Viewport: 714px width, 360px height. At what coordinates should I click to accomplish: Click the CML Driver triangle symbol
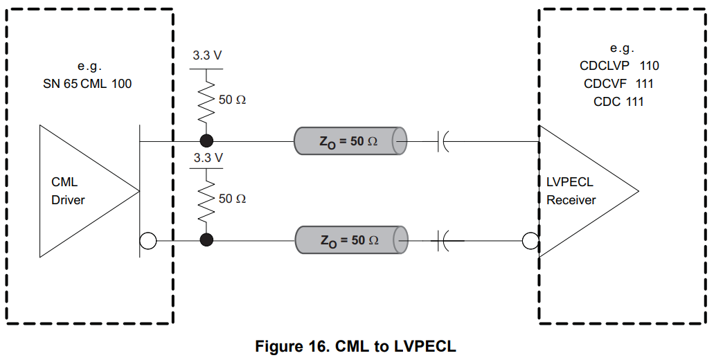(x=83, y=191)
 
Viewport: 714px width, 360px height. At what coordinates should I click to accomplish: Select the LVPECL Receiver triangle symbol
(x=582, y=191)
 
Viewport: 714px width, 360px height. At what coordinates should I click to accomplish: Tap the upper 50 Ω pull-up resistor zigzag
(x=206, y=101)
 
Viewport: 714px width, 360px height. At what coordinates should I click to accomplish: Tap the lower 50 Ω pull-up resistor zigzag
(x=206, y=199)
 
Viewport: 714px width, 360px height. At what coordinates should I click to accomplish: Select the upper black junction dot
(x=206, y=141)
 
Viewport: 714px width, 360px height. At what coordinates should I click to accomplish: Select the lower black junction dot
(x=206, y=240)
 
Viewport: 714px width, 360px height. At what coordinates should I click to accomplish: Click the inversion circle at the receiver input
(x=530, y=241)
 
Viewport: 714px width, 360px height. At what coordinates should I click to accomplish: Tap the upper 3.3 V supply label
(x=207, y=55)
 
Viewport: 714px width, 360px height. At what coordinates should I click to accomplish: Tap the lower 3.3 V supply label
(x=207, y=158)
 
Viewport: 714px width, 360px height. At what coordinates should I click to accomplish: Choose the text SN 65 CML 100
(x=87, y=84)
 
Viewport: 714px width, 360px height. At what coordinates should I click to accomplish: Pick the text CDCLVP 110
(x=619, y=66)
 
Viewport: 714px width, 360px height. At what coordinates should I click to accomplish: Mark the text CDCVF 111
(x=618, y=84)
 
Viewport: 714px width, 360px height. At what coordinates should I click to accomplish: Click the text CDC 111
(x=618, y=102)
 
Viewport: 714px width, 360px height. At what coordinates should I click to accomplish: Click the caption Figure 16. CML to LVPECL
(x=356, y=346)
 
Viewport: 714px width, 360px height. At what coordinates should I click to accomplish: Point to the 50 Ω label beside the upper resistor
(x=232, y=100)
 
